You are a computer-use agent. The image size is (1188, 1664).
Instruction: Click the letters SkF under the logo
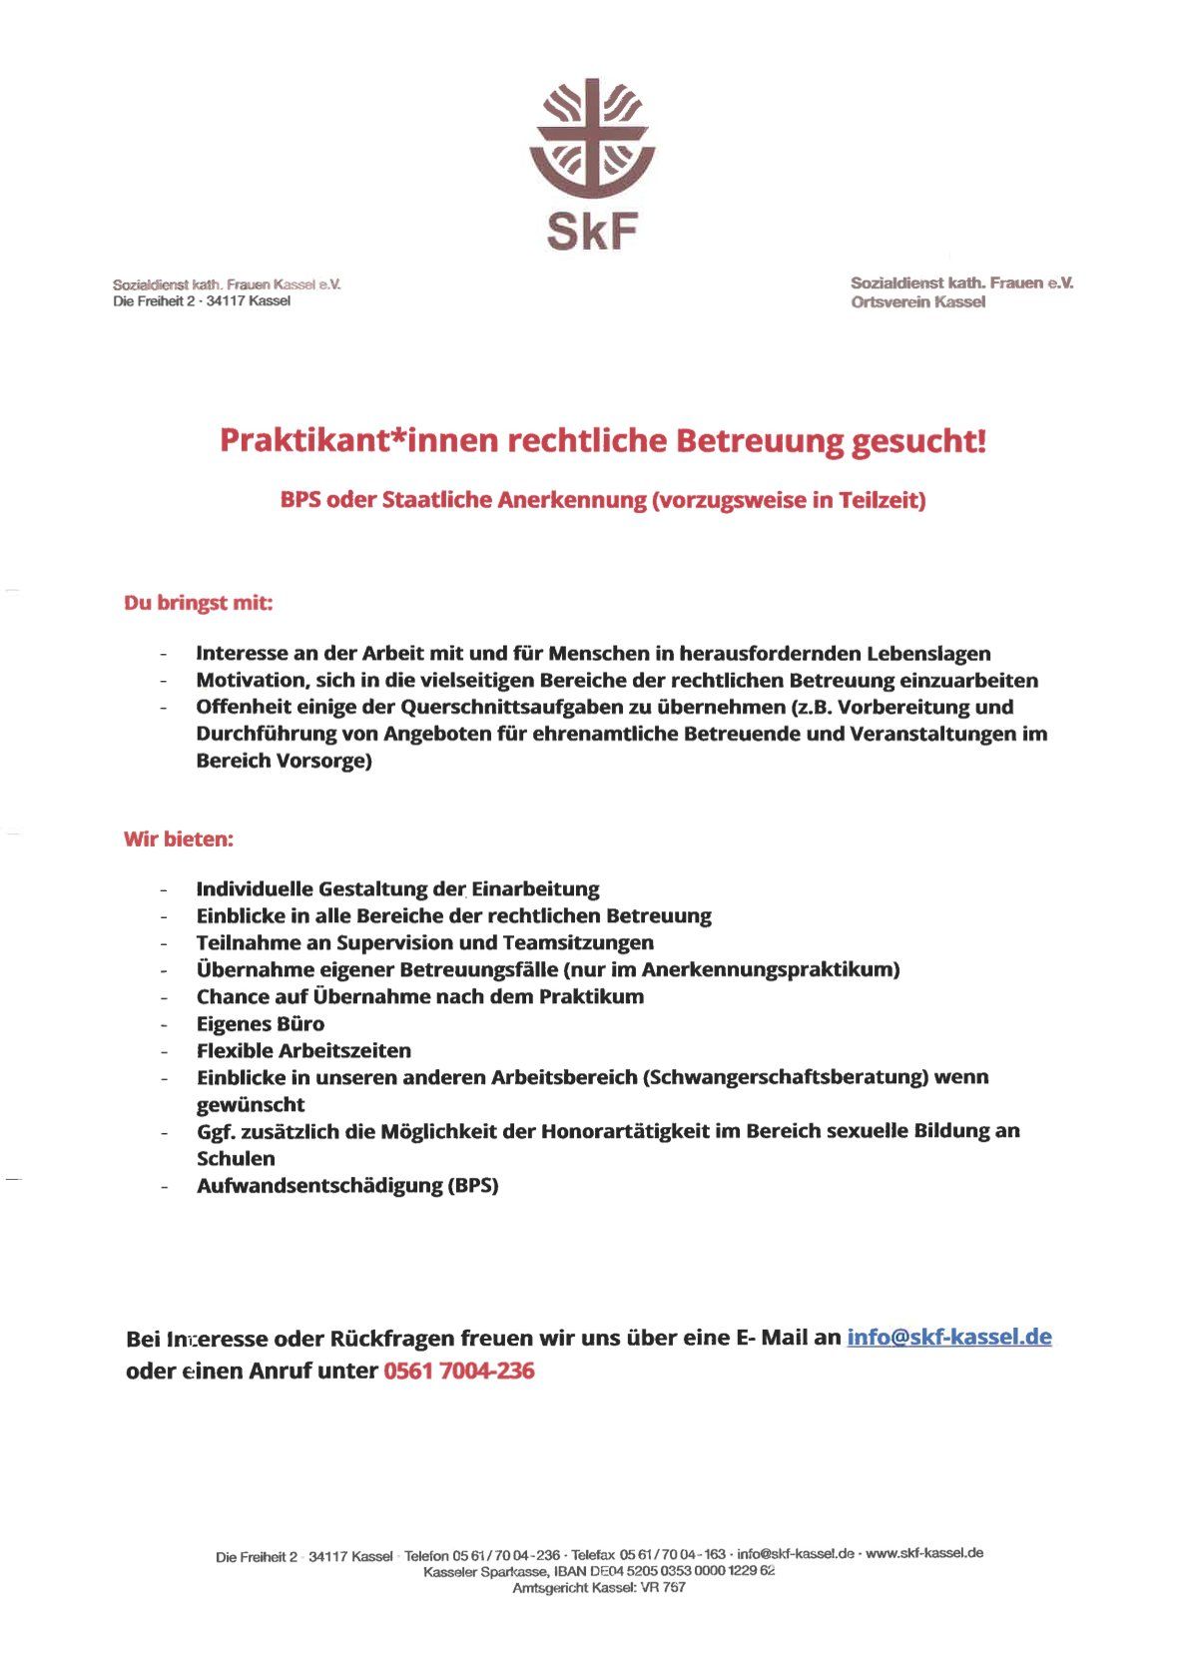[592, 232]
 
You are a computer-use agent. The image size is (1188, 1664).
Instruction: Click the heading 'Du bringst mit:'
[198, 603]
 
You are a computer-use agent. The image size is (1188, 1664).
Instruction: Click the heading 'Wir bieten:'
[178, 838]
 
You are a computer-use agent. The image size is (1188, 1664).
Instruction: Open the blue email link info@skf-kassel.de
[948, 1337]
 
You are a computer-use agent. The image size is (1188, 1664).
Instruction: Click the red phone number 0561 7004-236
[458, 1371]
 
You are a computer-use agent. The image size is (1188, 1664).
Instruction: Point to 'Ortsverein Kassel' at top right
[917, 302]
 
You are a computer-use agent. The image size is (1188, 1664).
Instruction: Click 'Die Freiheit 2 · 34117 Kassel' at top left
[202, 301]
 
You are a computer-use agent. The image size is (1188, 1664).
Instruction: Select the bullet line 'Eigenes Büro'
[260, 1023]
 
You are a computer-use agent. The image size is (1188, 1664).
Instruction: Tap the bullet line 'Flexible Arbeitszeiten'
[303, 1050]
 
